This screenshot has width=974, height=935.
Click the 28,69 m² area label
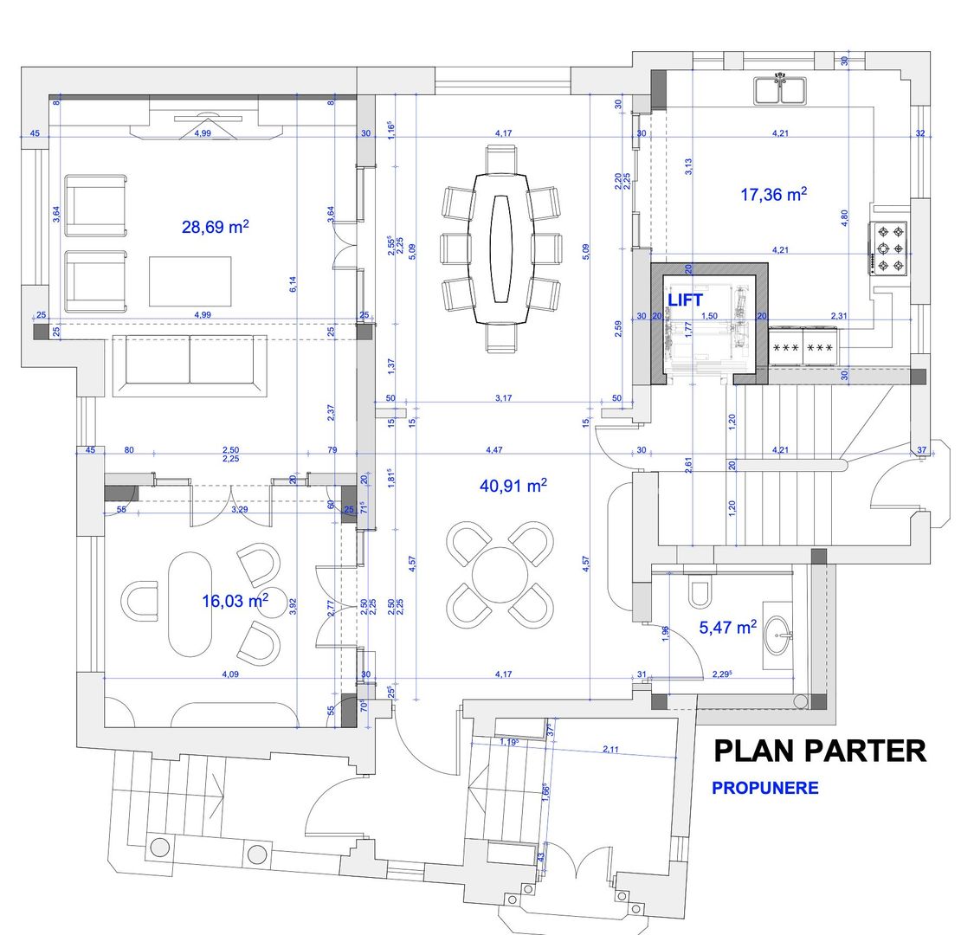tap(216, 227)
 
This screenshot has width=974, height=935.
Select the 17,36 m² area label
tap(773, 195)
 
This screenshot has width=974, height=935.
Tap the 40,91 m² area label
tap(513, 487)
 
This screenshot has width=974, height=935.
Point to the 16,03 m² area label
tap(235, 601)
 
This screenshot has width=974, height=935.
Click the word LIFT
tap(685, 300)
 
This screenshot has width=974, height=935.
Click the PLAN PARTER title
tap(819, 751)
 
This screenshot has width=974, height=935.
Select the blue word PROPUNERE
tap(764, 788)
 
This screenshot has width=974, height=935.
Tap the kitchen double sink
tap(781, 89)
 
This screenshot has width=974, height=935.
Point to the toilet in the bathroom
tap(700, 591)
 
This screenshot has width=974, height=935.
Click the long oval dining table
tap(501, 248)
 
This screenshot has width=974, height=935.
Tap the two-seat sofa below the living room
tap(190, 365)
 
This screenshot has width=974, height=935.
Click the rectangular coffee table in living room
tap(190, 280)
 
